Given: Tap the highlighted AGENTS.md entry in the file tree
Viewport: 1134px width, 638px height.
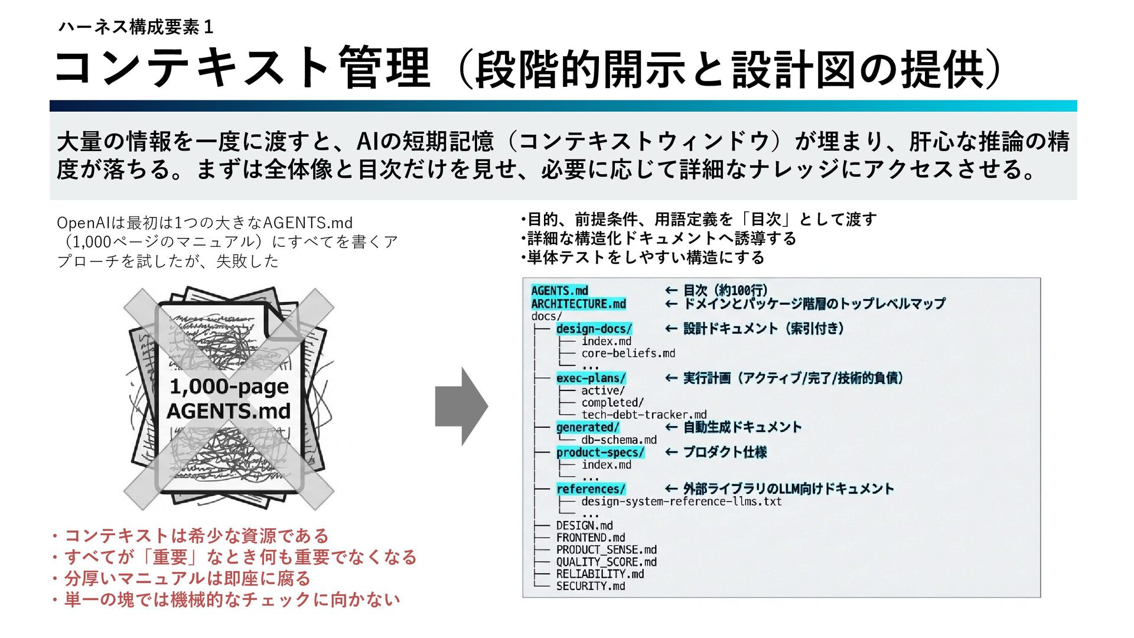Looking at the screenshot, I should (559, 291).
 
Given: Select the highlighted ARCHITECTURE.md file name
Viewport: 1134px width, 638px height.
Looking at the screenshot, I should (578, 304).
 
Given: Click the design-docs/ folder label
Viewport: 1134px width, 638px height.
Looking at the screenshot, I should (594, 328).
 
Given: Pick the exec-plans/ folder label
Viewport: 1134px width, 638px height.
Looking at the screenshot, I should (591, 378).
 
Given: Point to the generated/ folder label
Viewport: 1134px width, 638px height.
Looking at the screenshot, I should (588, 427).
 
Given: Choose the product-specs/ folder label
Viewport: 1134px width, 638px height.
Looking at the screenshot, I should (600, 453).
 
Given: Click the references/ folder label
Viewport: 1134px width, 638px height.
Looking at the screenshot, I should (591, 489).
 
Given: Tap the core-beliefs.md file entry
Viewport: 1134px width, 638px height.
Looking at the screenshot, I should (628, 353).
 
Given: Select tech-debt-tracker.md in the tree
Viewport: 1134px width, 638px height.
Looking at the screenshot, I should (644, 415).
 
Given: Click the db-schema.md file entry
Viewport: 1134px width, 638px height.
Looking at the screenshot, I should (618, 440).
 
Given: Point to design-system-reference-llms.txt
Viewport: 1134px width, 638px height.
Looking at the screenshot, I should (681, 502).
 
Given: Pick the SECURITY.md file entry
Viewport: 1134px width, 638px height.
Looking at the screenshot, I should (591, 586).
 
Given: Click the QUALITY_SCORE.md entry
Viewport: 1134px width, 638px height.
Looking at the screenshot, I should (606, 562).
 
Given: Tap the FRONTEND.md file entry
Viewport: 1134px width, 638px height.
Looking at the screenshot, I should (591, 538).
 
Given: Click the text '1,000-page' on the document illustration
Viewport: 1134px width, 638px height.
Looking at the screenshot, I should (229, 386).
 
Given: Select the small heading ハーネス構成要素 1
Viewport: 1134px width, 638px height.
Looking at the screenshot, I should (135, 27).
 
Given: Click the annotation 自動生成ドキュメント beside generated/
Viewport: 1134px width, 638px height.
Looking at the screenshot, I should (742, 427).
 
